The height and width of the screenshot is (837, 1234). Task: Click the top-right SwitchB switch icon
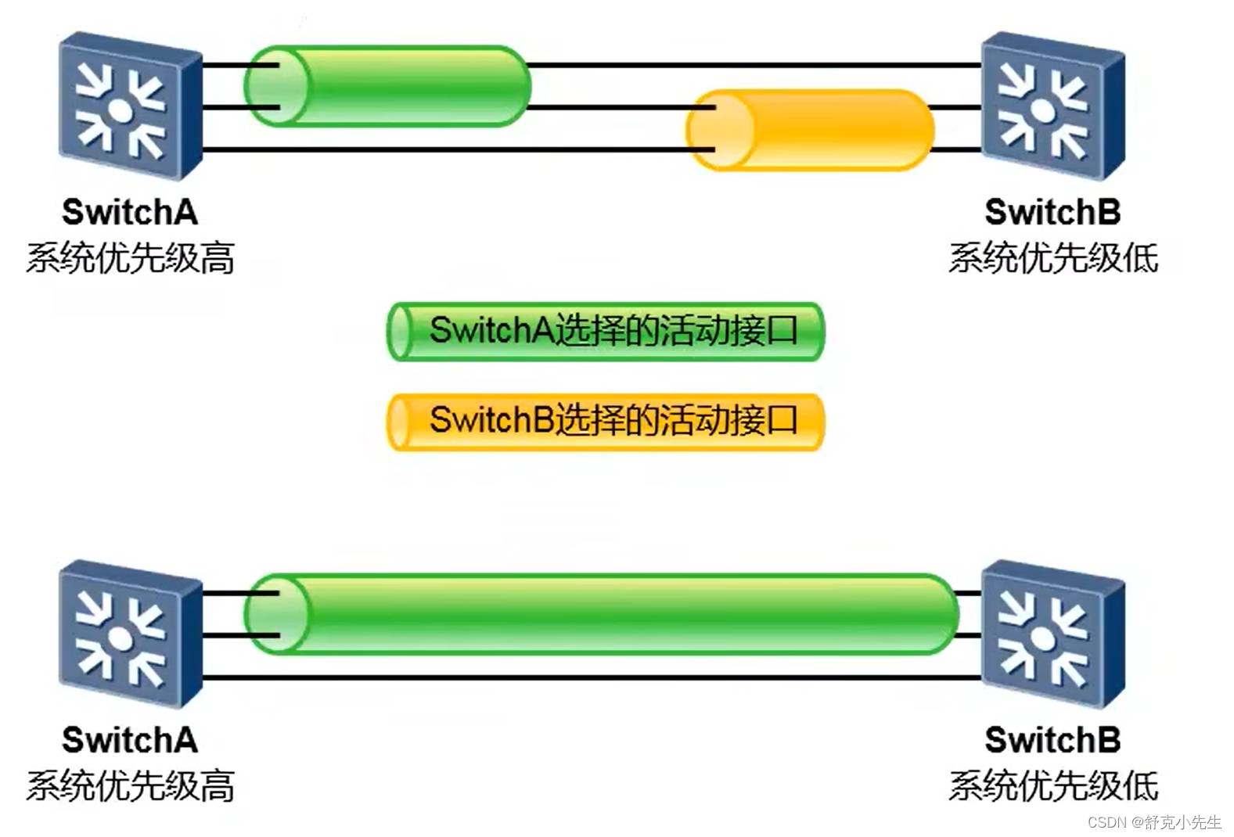click(1052, 106)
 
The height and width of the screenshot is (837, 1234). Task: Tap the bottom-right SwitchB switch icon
click(1052, 634)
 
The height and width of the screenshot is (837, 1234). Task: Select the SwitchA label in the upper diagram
click(130, 212)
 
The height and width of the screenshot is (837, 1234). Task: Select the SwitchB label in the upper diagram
click(1052, 212)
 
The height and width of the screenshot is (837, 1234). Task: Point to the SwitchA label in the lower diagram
click(130, 740)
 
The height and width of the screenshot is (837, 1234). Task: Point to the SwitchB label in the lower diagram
click(1052, 740)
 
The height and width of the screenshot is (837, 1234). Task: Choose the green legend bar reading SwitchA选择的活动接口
click(606, 332)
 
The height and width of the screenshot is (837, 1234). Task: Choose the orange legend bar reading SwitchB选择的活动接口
click(606, 422)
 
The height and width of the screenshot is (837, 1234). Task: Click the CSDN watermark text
click(1154, 822)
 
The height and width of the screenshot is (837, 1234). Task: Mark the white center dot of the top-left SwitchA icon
click(119, 110)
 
